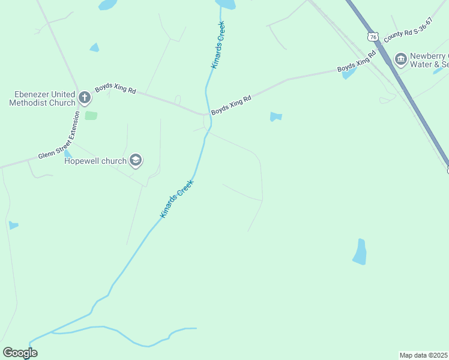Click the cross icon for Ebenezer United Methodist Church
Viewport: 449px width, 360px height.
pyautogui.click(x=85, y=97)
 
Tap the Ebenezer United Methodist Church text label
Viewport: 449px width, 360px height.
pyautogui.click(x=42, y=98)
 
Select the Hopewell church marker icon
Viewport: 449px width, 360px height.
pyautogui.click(x=136, y=160)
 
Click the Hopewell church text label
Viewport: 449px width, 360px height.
pyautogui.click(x=95, y=161)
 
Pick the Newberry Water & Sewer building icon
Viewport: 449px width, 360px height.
pyautogui.click(x=400, y=59)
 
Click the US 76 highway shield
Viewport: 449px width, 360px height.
pyautogui.click(x=373, y=37)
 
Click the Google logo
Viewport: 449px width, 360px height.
pyautogui.click(x=20, y=352)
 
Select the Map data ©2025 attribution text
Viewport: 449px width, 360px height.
pyautogui.click(x=423, y=355)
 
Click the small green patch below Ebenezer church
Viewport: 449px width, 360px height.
pyautogui.click(x=91, y=115)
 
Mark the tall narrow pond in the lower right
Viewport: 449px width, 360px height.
pyautogui.click(x=360, y=252)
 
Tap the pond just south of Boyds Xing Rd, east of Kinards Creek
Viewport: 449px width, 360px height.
pyautogui.click(x=276, y=116)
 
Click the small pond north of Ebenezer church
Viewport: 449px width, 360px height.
pyautogui.click(x=94, y=47)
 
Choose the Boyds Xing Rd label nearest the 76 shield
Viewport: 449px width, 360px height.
pyautogui.click(x=356, y=62)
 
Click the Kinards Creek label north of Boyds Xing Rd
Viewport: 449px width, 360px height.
pyautogui.click(x=218, y=45)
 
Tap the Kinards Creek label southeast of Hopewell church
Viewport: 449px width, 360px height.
pyautogui.click(x=177, y=198)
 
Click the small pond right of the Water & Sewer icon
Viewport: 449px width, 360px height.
pyautogui.click(x=438, y=71)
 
